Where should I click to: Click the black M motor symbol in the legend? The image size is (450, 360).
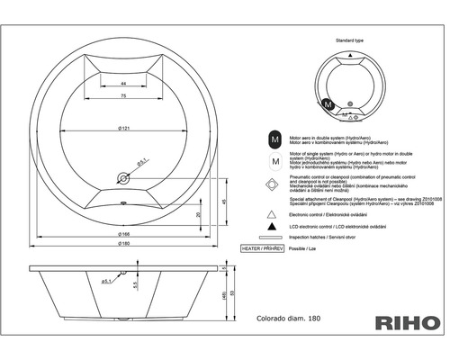pos(271,139)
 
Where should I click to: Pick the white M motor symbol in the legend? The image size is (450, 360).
pos(271,162)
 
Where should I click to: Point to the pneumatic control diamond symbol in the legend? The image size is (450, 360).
pos(271,186)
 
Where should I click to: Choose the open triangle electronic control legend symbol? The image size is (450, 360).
pos(271,217)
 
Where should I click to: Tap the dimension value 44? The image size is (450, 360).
pos(121,82)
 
